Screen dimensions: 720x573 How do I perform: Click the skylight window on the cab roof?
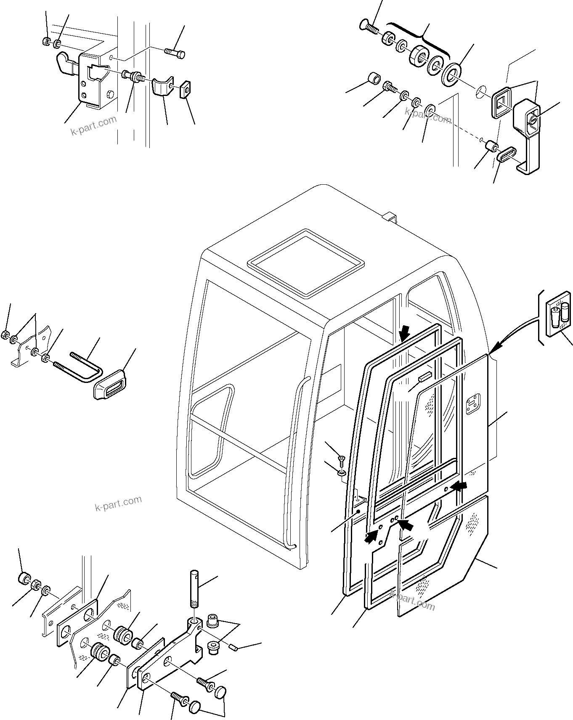306,261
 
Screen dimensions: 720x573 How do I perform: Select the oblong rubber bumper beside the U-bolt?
110,383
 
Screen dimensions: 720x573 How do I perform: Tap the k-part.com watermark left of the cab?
118,502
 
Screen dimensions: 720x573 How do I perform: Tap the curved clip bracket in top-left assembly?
162,87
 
